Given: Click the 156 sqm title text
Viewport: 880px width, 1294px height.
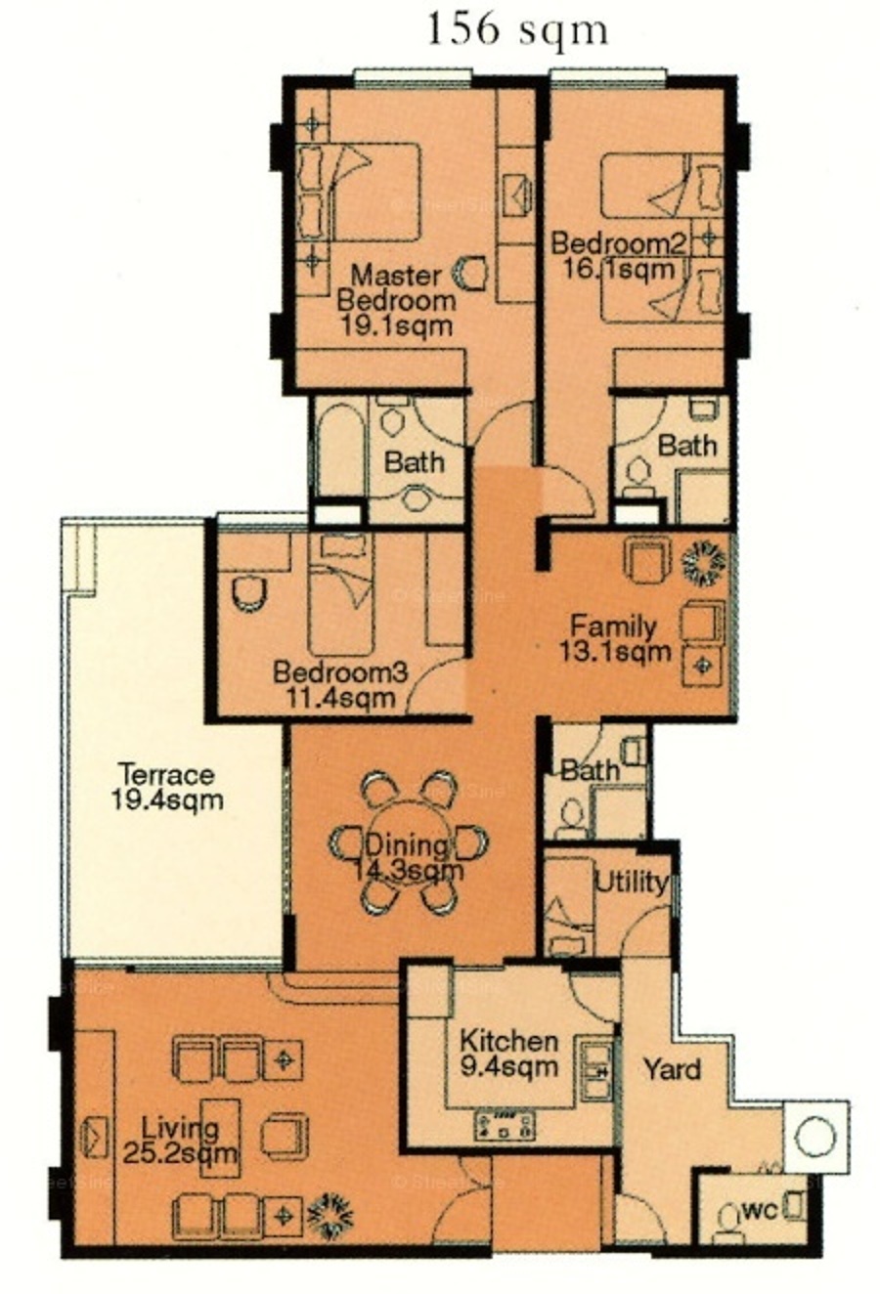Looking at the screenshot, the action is [517, 30].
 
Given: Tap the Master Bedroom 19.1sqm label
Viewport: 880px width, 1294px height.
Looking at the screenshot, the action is [396, 300].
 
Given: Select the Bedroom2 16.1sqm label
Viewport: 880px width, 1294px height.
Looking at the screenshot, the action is [619, 256].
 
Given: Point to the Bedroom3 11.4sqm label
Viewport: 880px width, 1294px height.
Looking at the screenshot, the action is [341, 686].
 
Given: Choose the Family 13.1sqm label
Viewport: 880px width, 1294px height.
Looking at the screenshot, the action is [615, 639].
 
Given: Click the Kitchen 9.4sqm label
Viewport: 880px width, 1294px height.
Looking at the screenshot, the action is [509, 1055].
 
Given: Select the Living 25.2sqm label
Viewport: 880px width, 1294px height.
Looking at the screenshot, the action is [180, 1140].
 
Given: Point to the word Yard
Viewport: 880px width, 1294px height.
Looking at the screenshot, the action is [673, 1068].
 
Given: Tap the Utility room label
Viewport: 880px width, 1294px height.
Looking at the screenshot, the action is [631, 884].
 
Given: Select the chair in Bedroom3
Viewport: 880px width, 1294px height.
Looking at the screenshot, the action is [249, 592].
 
